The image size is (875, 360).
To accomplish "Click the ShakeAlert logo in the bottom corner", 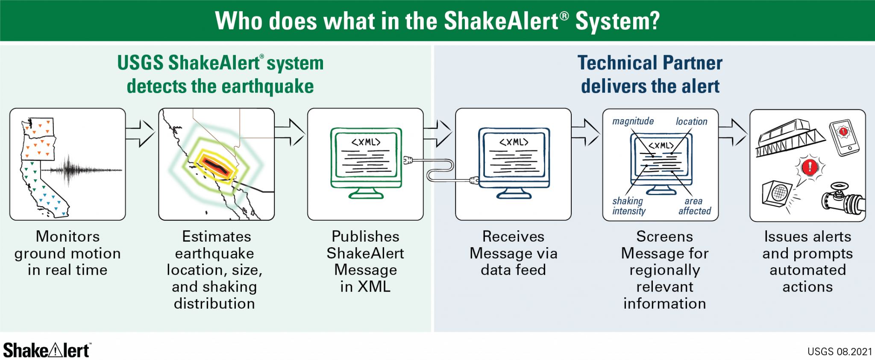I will (46, 350).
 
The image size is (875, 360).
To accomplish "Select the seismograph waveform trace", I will (81, 170).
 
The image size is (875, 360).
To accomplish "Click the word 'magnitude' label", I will (633, 121).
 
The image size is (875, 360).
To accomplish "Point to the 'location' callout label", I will (691, 122).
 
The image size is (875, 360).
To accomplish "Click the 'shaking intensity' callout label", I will (628, 206).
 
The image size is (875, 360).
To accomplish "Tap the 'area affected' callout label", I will (695, 206).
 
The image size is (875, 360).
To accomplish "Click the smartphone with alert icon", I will (844, 138).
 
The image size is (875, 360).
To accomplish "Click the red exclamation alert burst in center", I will (810, 167).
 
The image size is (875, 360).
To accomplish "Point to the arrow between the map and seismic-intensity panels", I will (140, 133).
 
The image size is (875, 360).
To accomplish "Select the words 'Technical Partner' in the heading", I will (650, 63).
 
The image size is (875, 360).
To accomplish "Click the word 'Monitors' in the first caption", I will (68, 237).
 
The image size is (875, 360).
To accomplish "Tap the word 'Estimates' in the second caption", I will (217, 237).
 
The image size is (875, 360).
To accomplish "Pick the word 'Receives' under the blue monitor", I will (513, 237).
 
